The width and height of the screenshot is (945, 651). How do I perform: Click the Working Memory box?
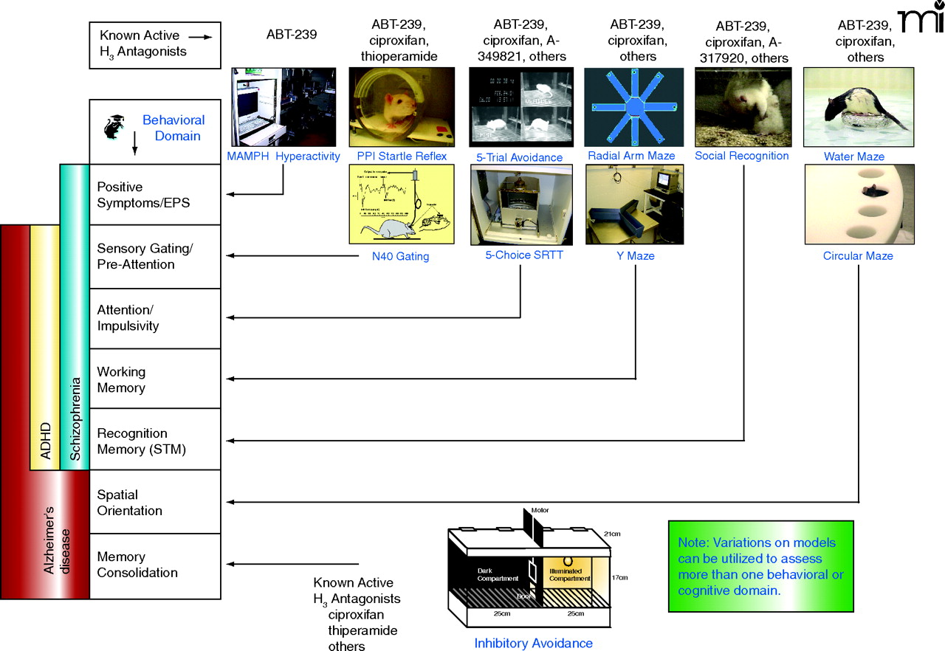pos(155,379)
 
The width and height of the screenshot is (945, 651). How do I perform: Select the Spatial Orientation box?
pos(155,503)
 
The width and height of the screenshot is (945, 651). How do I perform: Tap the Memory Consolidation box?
pos(155,565)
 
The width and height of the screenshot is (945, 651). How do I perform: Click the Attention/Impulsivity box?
pos(155,318)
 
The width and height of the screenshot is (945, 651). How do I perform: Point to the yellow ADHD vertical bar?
pos(44,347)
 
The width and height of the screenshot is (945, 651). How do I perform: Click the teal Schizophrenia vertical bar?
pos(74,317)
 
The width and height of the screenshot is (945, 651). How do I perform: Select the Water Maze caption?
pos(854,156)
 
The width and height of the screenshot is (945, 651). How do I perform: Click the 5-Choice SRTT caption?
pos(520,256)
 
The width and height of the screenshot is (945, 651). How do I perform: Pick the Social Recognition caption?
pos(741,156)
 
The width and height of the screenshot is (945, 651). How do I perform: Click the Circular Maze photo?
pos(859,204)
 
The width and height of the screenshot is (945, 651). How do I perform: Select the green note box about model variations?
pos(760,566)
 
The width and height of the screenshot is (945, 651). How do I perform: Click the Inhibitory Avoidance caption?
pos(533,643)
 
